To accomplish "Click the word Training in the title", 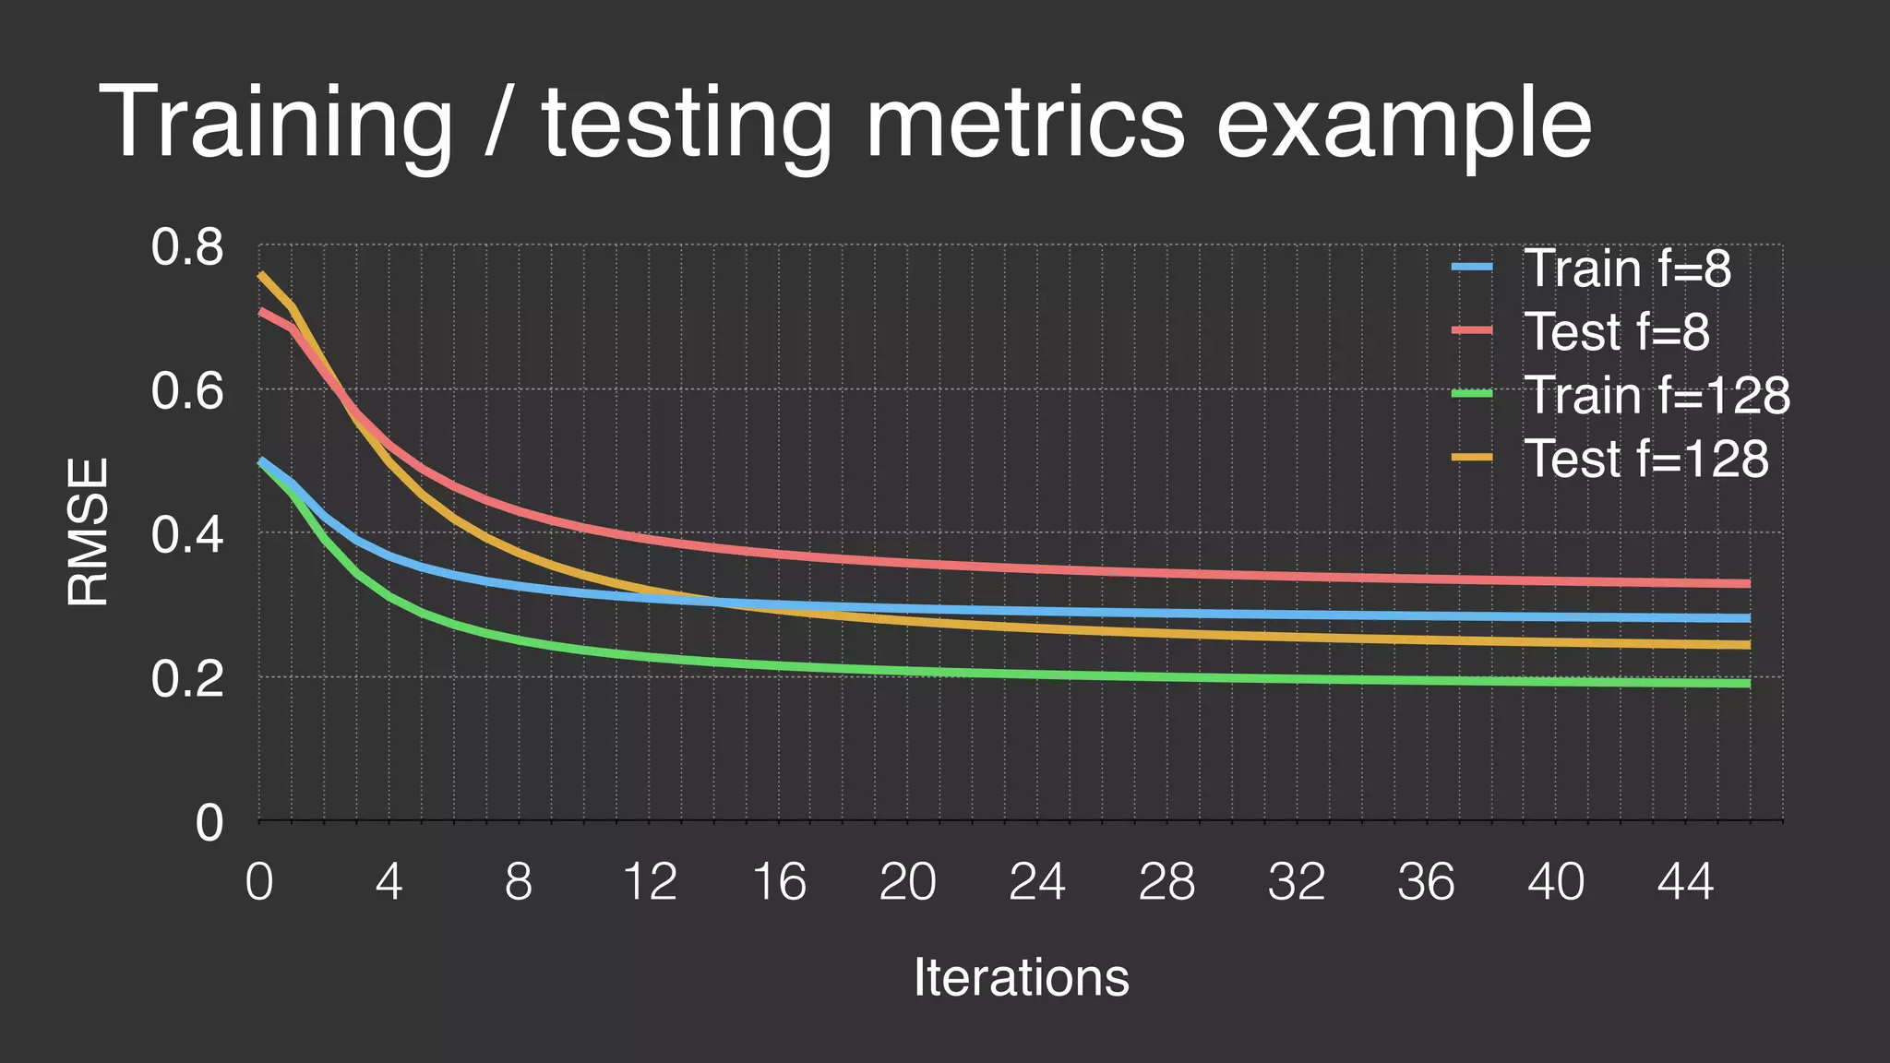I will tap(275, 125).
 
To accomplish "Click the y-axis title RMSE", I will tap(89, 531).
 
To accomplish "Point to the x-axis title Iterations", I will tap(1021, 977).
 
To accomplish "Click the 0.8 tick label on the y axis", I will tap(187, 248).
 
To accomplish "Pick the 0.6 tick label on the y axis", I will tap(187, 391).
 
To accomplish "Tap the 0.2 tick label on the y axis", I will tap(187, 680).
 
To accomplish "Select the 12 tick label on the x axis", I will tap(650, 881).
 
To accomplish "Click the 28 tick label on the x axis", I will tap(1166, 881).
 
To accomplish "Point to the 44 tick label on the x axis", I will tap(1685, 881).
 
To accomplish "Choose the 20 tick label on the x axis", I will tap(907, 881).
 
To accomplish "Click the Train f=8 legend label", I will tap(1627, 269).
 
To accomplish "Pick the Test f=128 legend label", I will tap(1645, 459).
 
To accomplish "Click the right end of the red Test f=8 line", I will tap(1748, 583).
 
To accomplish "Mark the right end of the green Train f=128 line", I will tap(1748, 683).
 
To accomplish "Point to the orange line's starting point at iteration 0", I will tap(260, 274).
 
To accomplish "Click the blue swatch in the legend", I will tap(1472, 268).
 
